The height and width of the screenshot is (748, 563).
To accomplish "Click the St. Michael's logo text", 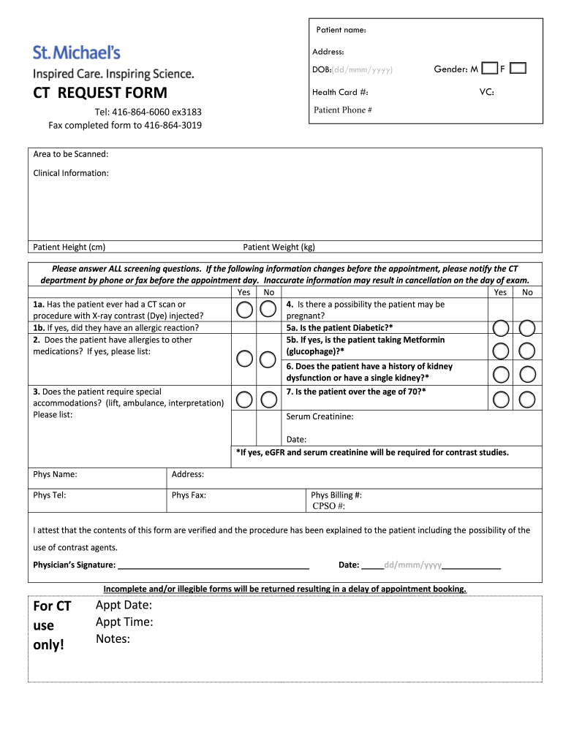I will (x=76, y=53).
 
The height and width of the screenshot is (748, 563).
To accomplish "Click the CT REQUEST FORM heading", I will (x=100, y=93).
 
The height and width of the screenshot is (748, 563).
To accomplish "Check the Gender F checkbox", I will (x=518, y=69).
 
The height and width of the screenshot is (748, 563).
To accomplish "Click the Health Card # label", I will (x=340, y=92).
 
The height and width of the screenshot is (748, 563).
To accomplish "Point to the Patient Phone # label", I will (x=343, y=110).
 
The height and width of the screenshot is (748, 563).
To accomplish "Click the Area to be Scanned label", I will (x=71, y=153).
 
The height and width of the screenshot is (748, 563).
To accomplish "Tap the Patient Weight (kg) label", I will (x=279, y=247).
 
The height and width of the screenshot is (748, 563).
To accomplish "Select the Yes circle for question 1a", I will (x=245, y=310).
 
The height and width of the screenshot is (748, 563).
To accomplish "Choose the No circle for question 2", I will (x=268, y=358).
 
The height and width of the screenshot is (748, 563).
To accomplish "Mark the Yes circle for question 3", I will (x=245, y=400).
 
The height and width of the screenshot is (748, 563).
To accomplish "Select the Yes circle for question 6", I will (x=500, y=375).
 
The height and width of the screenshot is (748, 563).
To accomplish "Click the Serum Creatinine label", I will (x=320, y=416).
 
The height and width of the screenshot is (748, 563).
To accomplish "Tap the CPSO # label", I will (x=328, y=506).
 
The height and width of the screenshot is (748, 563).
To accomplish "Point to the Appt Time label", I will (x=124, y=622).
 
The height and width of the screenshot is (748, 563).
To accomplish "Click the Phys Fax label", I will (x=189, y=495).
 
